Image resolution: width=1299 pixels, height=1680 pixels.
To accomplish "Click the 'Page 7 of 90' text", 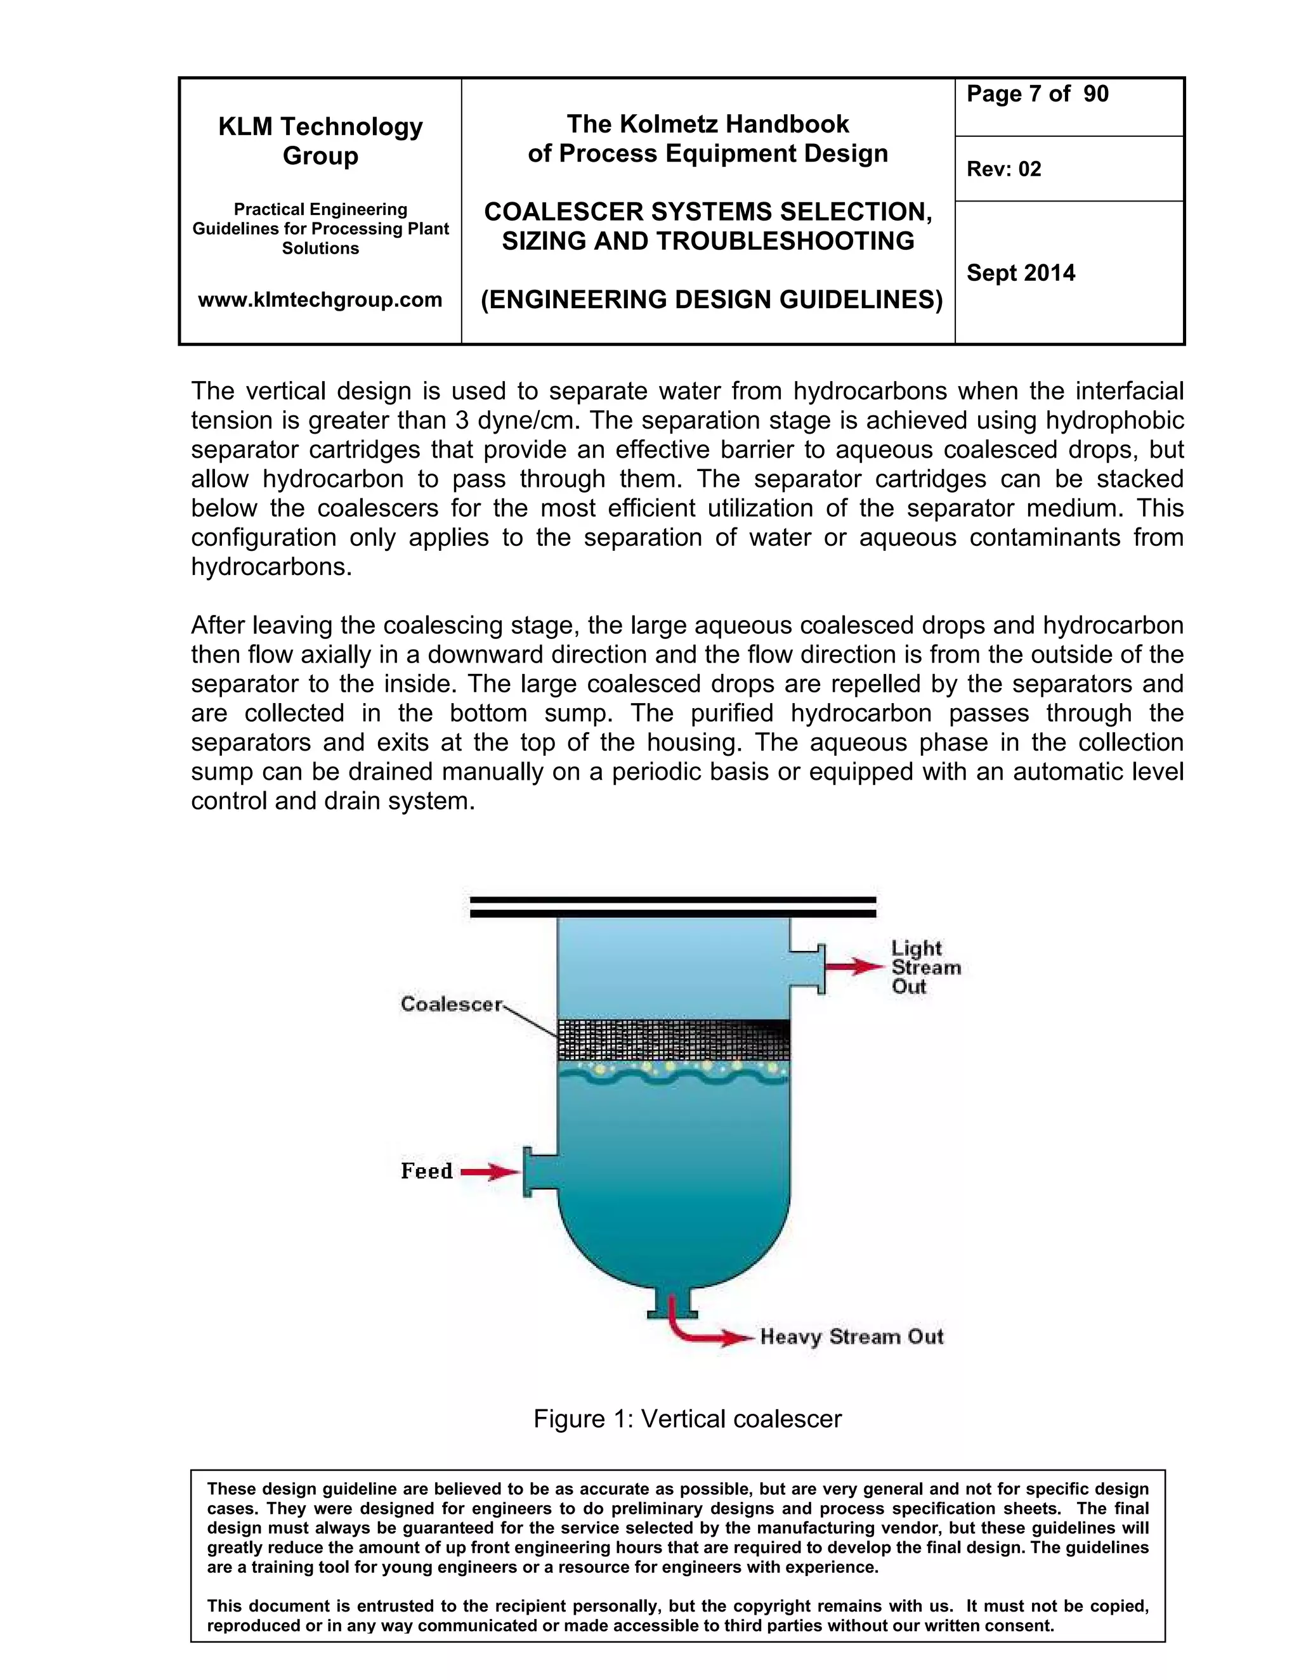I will pos(1036,94).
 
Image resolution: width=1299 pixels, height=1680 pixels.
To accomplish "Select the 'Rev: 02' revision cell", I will pos(1003,169).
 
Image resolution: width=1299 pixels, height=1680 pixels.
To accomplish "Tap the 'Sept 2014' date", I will pos(1021,273).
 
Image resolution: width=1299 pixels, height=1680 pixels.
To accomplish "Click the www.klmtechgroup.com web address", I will pos(320,299).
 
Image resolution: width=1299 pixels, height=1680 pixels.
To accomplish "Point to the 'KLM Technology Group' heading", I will pos(320,141).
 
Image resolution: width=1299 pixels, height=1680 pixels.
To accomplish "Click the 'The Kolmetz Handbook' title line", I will pos(707,124).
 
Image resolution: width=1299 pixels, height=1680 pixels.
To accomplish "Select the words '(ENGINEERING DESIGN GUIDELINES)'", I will pos(711,299).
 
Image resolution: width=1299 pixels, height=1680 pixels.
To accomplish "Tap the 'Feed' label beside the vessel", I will pos(426,1171).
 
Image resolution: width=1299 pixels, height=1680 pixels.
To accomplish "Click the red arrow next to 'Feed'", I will pos(490,1172).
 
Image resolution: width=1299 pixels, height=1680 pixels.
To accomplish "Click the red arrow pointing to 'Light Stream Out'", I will pos(856,967).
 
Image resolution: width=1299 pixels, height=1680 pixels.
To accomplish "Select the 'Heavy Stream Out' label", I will pos(851,1336).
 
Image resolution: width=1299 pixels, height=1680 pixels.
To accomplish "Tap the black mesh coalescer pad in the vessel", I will pos(674,1038).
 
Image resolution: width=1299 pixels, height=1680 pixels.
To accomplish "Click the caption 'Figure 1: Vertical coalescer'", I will pos(687,1418).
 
